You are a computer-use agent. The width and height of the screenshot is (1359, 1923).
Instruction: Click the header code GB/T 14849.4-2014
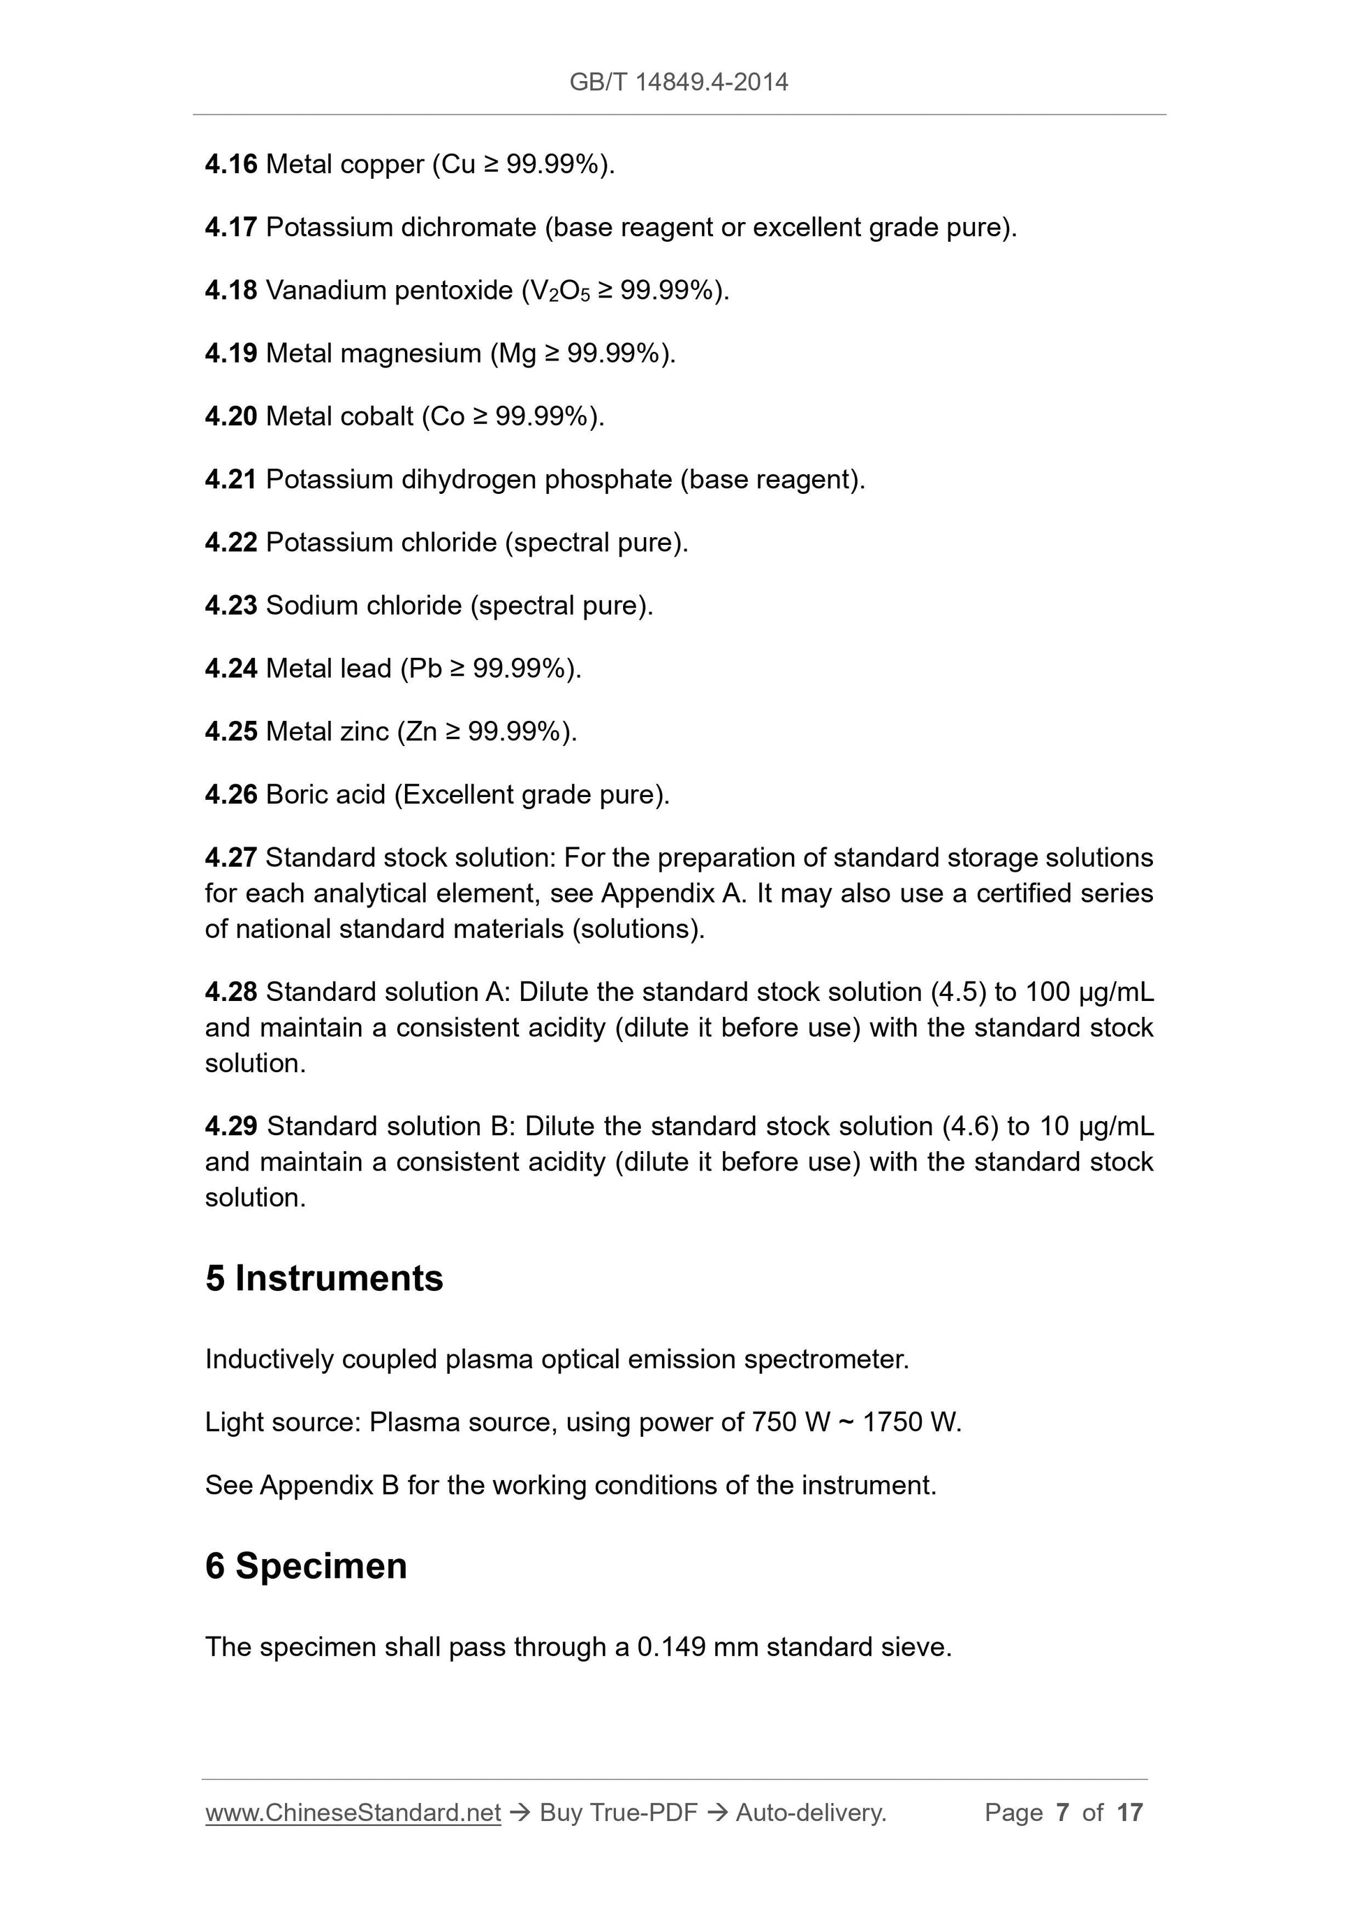pos(678,82)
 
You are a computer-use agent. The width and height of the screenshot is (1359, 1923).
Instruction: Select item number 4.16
pos(231,164)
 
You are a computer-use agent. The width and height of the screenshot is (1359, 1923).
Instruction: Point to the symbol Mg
pos(517,353)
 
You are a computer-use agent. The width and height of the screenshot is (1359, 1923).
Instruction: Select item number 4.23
pos(231,606)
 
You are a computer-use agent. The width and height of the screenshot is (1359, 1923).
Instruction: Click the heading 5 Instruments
pos(324,1279)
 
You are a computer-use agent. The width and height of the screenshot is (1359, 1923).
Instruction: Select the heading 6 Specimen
pos(307,1566)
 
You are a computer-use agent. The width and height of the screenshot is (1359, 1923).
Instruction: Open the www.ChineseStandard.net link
pos(353,1813)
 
